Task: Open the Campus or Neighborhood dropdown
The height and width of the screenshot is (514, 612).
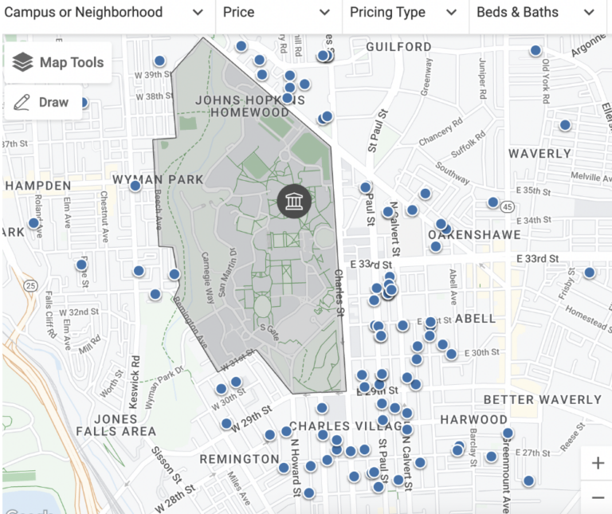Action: pos(104,13)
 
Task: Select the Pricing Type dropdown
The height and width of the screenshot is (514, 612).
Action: pos(404,13)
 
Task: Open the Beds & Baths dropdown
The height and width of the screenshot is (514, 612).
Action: pos(535,13)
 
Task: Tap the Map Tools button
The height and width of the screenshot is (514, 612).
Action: pos(58,62)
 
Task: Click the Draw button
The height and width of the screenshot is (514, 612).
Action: pos(43,102)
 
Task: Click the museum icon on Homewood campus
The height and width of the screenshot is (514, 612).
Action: pos(294,201)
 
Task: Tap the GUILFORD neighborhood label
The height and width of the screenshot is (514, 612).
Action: pos(398,47)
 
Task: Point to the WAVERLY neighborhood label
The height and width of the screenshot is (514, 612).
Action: pos(539,153)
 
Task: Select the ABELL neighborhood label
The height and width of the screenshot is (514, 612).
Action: pos(475,319)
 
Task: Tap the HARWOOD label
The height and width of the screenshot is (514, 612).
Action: pos(473,419)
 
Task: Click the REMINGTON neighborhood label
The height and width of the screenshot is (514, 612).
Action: pos(239,459)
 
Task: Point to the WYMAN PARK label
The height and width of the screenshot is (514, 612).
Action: pos(158,179)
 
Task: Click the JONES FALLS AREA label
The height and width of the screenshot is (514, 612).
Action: pos(116,425)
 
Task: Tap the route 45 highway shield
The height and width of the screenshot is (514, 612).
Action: pos(507,206)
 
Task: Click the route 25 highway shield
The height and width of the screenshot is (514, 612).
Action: pos(31,285)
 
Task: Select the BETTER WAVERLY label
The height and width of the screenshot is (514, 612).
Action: pos(543,399)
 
